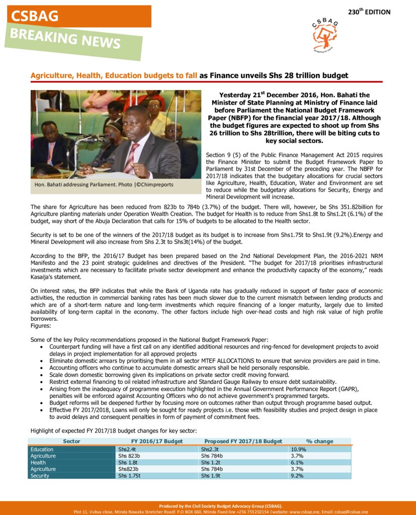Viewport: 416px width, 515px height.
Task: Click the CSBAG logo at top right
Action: pyautogui.click(x=325, y=35)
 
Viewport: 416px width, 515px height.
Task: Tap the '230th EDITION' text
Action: pyautogui.click(x=369, y=12)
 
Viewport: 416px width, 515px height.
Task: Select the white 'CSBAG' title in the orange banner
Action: pyautogui.click(x=35, y=16)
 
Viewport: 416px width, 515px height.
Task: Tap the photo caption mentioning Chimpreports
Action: pyautogui.click(x=103, y=185)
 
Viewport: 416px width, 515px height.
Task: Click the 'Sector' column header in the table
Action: pyautogui.click(x=71, y=441)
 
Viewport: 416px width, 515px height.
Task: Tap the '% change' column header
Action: pyautogui.click(x=320, y=441)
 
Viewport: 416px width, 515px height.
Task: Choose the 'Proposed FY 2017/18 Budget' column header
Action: pyautogui.click(x=243, y=441)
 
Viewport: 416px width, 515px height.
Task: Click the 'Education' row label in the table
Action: pyautogui.click(x=42, y=449)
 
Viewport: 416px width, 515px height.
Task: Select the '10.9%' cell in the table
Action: pyautogui.click(x=299, y=449)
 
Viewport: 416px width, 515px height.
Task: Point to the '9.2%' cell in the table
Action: pyautogui.click(x=297, y=475)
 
